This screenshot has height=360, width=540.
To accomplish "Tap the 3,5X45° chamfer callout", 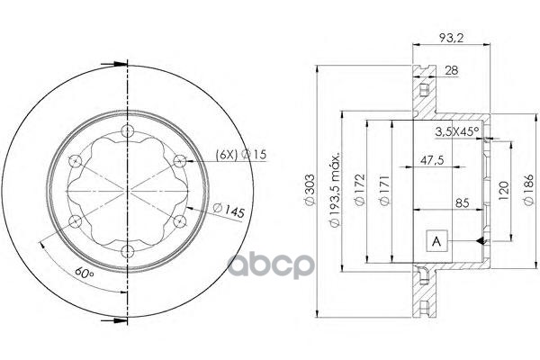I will pyautogui.click(x=456, y=131).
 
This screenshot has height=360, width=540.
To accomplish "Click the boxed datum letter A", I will pyautogui.click(x=436, y=240).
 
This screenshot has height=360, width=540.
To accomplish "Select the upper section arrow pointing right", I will pyautogui.click(x=114, y=63).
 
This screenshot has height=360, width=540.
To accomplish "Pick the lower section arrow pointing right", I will pyautogui.click(x=114, y=318).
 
